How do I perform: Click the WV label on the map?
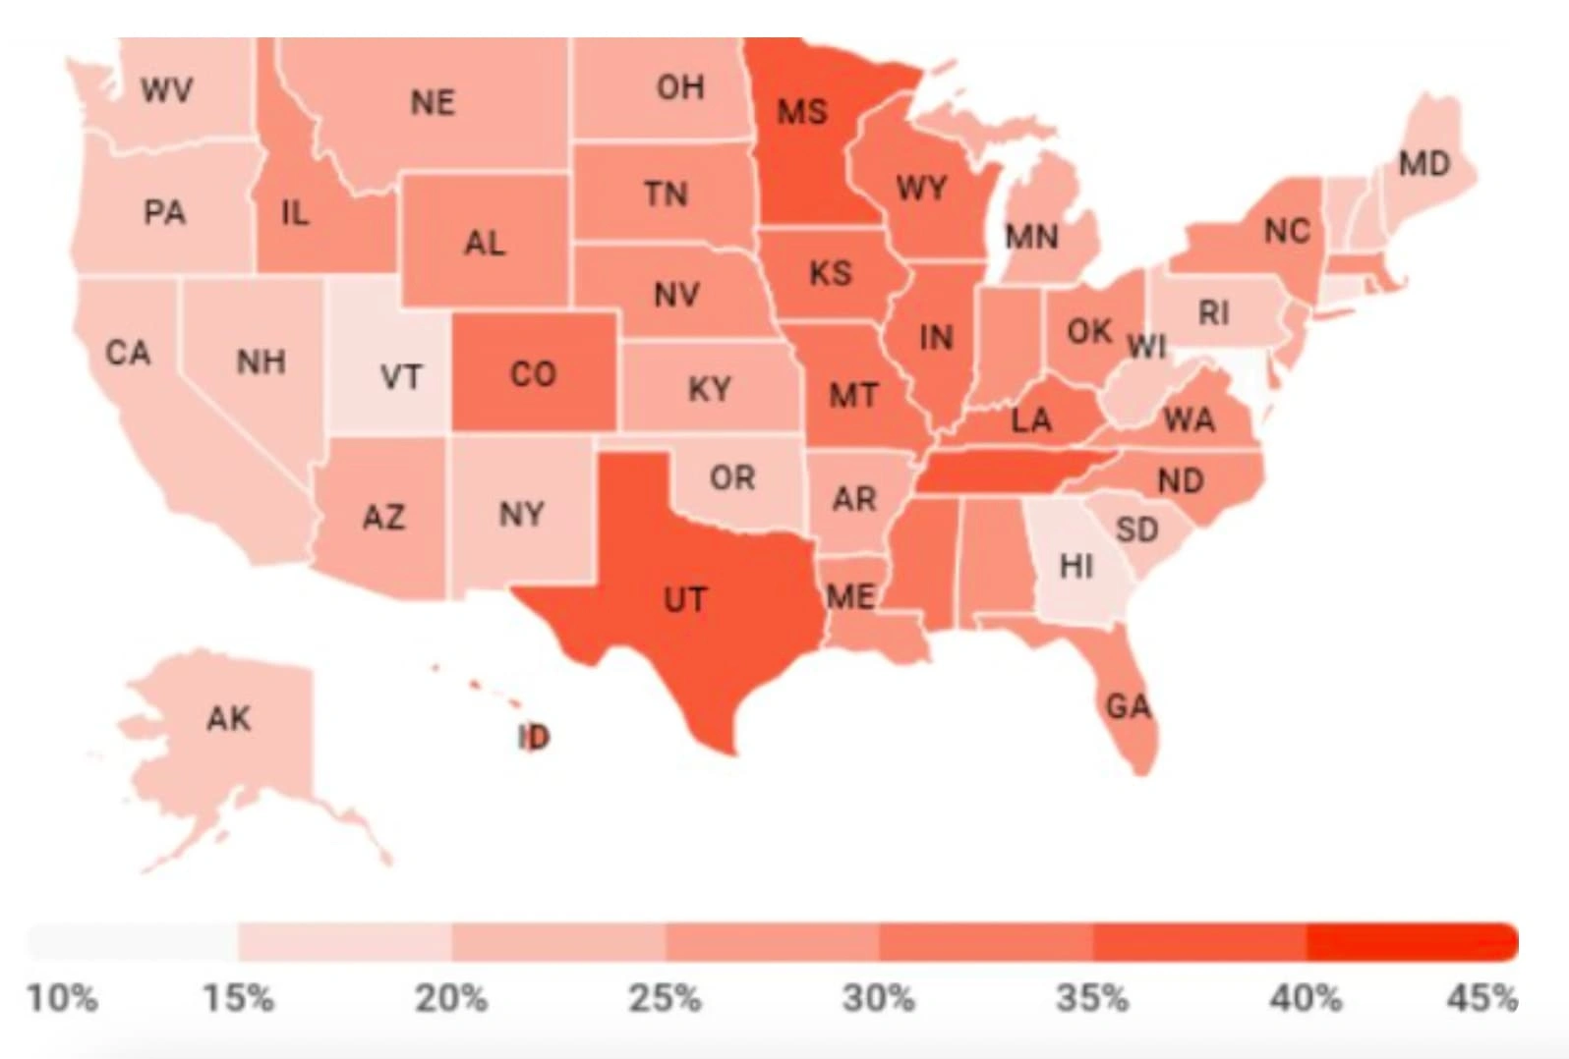click(x=166, y=90)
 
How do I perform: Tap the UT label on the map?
click(x=685, y=599)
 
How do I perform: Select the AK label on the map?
click(x=229, y=718)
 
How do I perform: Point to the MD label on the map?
click(x=1424, y=162)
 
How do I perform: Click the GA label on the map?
click(x=1128, y=705)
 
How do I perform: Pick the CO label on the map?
click(x=533, y=373)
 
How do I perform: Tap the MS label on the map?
click(x=802, y=111)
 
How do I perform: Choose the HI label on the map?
click(x=1075, y=565)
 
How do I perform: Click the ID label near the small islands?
click(x=534, y=737)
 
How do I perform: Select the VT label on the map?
click(x=400, y=376)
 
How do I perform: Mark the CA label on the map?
click(x=128, y=353)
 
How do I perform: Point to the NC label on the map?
click(x=1287, y=231)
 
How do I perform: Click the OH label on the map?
click(x=680, y=87)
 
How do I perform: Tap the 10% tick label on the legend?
click(x=62, y=998)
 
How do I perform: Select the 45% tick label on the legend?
click(x=1482, y=998)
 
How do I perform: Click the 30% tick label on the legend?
click(x=878, y=998)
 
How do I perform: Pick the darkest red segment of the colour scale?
click(x=1412, y=941)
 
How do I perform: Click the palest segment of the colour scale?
click(x=133, y=941)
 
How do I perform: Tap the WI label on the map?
click(x=1146, y=346)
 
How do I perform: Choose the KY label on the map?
click(x=709, y=389)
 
